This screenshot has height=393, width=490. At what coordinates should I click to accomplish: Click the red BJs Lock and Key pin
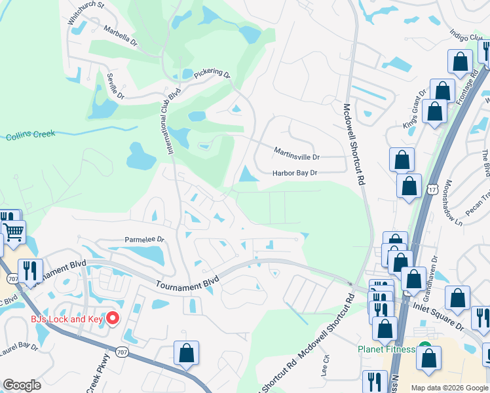112,319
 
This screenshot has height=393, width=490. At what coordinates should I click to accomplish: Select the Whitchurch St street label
86,14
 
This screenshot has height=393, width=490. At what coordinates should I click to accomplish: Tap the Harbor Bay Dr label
295,173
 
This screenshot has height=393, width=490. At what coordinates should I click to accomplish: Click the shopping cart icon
14,231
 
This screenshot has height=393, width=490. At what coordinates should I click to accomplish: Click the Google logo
22,385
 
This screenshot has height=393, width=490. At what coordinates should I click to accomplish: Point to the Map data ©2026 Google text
449,388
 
